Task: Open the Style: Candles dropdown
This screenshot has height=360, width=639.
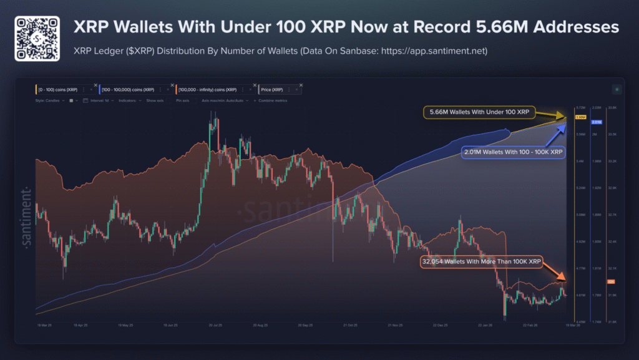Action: [x=50, y=100]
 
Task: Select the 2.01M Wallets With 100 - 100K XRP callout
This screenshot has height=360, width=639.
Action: [x=513, y=152]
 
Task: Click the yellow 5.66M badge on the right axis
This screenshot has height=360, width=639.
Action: [x=580, y=117]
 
